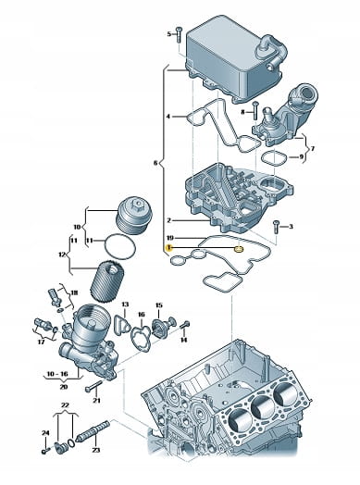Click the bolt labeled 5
(x=179, y=35)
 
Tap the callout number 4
(x=168, y=117)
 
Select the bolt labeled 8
(x=254, y=110)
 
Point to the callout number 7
(x=313, y=149)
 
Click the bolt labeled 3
(x=276, y=228)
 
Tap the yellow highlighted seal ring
(x=239, y=249)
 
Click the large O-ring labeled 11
(x=120, y=246)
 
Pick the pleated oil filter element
(x=107, y=282)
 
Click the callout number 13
(x=125, y=305)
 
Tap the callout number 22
(x=65, y=404)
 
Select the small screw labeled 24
(x=45, y=451)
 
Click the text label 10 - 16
(x=58, y=374)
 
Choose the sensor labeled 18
(x=53, y=296)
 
